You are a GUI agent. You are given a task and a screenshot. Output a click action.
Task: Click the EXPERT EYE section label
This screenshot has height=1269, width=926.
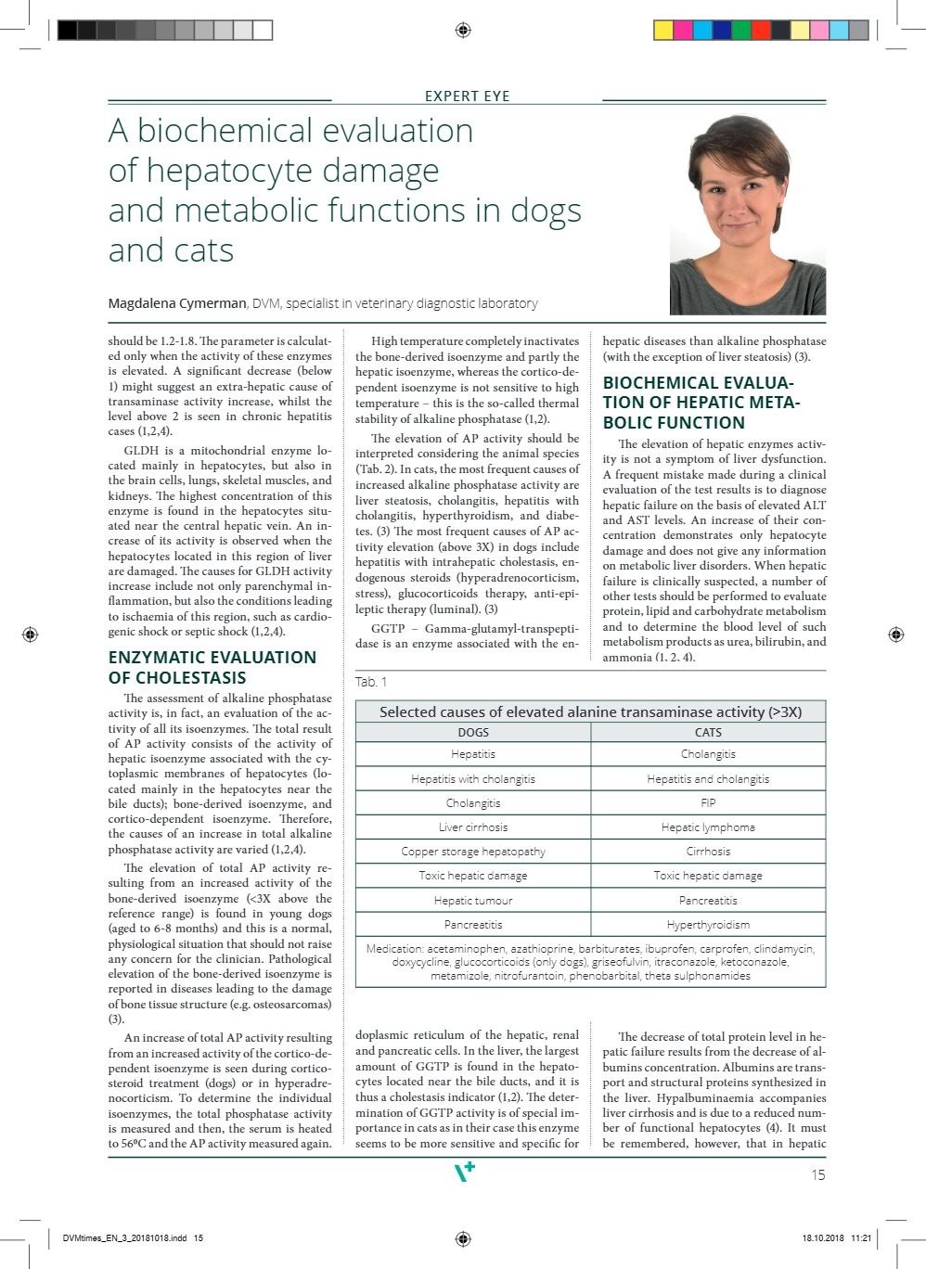(x=467, y=96)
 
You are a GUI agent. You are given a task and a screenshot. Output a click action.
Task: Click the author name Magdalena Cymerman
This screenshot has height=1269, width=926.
(x=177, y=303)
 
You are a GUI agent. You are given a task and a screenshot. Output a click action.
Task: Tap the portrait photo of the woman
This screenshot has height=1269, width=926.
(x=747, y=214)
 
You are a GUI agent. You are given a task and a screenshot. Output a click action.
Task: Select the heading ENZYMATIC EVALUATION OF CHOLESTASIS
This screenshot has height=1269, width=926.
(x=212, y=667)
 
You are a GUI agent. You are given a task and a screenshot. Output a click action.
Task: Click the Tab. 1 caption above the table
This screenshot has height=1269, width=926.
(x=371, y=682)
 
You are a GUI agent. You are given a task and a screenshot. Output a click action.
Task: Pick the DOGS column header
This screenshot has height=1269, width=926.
(x=473, y=732)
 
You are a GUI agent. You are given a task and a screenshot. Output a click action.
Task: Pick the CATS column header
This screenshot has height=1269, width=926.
(x=708, y=732)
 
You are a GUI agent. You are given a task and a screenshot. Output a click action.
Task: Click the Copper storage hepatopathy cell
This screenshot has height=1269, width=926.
(x=473, y=851)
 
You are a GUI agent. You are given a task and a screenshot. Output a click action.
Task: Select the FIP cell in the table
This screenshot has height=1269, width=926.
(x=708, y=802)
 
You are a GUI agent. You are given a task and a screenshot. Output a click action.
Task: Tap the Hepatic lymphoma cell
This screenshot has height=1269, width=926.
(x=708, y=827)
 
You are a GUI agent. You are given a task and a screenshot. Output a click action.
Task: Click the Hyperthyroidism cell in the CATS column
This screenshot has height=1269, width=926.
(x=708, y=924)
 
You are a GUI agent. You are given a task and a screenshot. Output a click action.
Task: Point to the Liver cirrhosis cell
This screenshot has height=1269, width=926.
(x=473, y=827)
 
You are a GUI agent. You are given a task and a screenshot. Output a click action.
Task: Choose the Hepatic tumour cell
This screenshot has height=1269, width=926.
(x=473, y=900)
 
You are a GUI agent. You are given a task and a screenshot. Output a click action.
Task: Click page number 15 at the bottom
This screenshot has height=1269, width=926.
(x=817, y=1174)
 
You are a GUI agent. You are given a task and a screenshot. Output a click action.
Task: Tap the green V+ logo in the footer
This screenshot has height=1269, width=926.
(x=464, y=1172)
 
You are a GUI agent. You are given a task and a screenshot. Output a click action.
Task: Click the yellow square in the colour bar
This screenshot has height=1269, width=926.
(x=663, y=31)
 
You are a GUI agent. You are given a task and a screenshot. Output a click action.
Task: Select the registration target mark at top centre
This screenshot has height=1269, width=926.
(x=463, y=31)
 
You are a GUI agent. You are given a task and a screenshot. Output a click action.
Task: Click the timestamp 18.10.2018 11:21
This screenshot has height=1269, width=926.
(x=836, y=1237)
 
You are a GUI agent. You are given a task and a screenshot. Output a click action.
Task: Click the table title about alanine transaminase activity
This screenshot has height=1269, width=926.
(x=590, y=711)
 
